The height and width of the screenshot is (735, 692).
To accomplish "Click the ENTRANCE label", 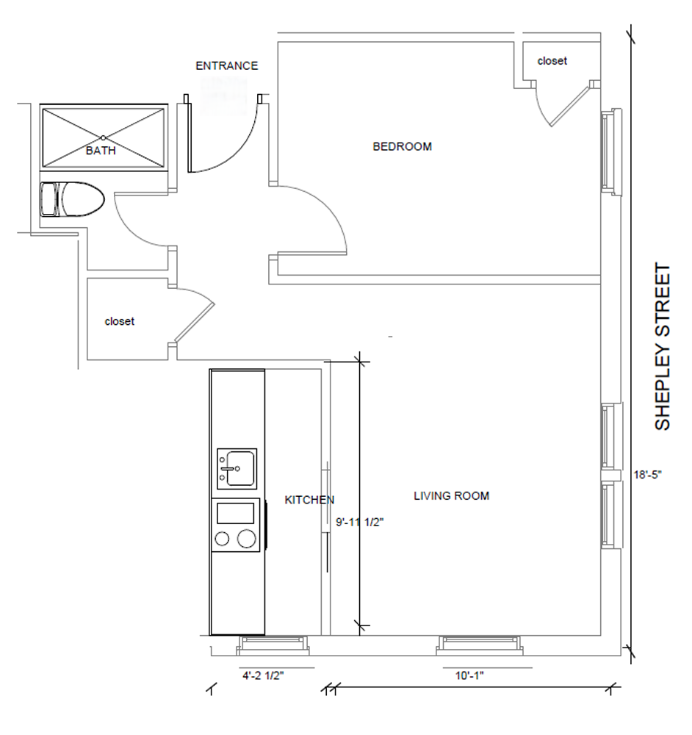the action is click(227, 65).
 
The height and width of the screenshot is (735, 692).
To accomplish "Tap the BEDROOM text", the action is click(402, 147).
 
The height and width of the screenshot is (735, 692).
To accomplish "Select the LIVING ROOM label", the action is click(451, 496).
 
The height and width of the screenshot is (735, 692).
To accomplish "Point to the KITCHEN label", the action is click(309, 500).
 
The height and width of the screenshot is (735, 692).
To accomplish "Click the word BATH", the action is click(101, 151).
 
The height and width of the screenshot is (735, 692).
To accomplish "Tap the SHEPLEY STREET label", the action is click(663, 346).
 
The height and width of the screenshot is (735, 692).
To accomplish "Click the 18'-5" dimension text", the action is click(647, 475).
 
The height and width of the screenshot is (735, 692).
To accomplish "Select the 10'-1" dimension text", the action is click(469, 675).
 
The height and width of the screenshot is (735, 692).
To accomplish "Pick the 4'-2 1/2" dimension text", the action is click(263, 675).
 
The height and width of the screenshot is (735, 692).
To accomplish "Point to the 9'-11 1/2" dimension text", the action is click(360, 522).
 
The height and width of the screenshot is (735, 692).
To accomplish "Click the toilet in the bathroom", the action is click(72, 199).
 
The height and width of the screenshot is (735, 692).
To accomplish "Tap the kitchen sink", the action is click(237, 469).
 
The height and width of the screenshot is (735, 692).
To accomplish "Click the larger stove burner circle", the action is click(246, 539).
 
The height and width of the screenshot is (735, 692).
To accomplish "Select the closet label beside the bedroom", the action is click(552, 61).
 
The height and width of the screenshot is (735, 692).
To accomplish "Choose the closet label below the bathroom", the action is click(120, 322).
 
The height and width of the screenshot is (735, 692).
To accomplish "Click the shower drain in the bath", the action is click(103, 138).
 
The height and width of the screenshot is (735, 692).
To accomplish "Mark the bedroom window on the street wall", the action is click(611, 151).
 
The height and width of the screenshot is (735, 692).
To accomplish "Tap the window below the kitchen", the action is click(273, 645).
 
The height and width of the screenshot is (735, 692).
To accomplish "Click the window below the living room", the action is click(480, 645).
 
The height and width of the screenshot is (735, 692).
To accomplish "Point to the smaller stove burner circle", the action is click(222, 539).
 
